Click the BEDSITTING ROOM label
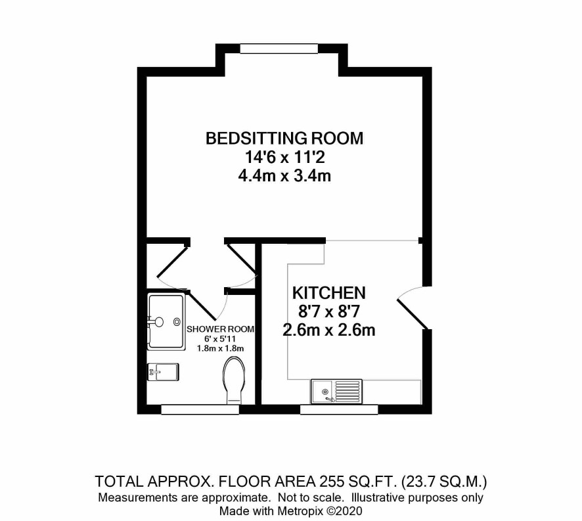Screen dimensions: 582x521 click(x=284, y=138)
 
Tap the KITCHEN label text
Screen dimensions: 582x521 click(x=329, y=293)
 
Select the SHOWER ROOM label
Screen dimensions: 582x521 click(x=221, y=329)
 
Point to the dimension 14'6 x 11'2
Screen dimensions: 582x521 click(x=284, y=157)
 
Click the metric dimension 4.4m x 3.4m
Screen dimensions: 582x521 click(x=284, y=175)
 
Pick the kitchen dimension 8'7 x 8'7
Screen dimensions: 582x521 click(x=329, y=311)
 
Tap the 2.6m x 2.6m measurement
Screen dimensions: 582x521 click(x=329, y=330)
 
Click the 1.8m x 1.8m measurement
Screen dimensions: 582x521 click(x=221, y=348)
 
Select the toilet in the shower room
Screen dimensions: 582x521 click(x=234, y=380)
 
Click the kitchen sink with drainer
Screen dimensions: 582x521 click(x=336, y=391)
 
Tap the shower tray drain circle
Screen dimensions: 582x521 click(x=177, y=321)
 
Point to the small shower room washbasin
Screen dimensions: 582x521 click(x=164, y=372)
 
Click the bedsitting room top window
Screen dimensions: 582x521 click(x=279, y=49)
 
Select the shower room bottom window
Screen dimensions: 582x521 click(x=200, y=409)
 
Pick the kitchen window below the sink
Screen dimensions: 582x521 click(x=339, y=409)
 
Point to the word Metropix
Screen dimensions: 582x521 click(x=301, y=511)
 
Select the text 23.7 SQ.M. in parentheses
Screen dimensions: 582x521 click(x=443, y=482)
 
